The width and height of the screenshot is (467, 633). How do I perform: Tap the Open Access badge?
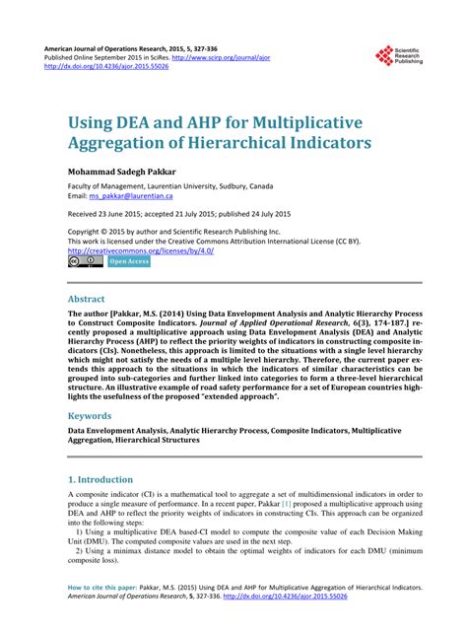tap(128, 261)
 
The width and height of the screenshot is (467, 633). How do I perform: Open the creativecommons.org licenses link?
tap(141, 250)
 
